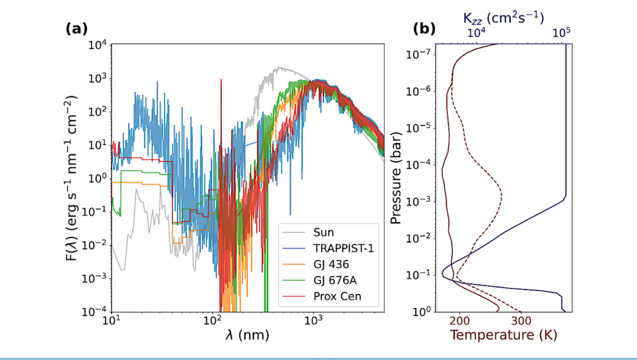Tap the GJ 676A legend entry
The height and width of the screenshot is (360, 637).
pos(332,280)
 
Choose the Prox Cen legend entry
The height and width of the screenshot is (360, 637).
pos(335,297)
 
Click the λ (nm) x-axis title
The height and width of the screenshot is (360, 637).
pos(247,336)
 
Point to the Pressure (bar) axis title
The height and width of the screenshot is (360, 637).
pos(396,178)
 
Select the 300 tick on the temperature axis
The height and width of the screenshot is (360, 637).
pos(520,321)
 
